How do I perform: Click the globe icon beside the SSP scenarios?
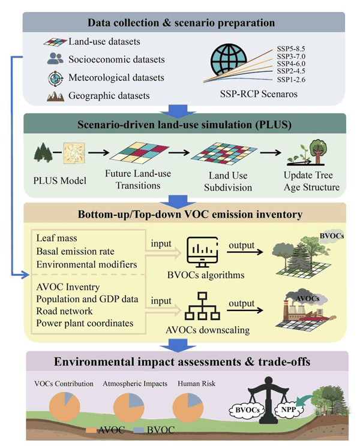pyautogui.click(x=229, y=59)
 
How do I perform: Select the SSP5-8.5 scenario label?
pyautogui.click(x=291, y=49)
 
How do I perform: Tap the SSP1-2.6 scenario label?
pyautogui.click(x=291, y=80)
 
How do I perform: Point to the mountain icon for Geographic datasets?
pyautogui.click(x=55, y=97)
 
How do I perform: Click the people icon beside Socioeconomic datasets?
pyautogui.click(x=55, y=59)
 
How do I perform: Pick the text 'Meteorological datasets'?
pyautogui.click(x=116, y=78)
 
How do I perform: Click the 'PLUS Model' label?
pyautogui.click(x=60, y=180)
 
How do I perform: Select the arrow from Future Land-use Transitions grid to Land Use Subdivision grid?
pyautogui.click(x=179, y=153)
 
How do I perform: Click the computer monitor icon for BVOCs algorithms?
pyautogui.click(x=202, y=252)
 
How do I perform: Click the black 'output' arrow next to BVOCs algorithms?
pyautogui.click(x=245, y=252)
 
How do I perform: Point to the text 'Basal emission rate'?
pyautogui.click(x=76, y=251)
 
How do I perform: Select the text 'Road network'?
pyautogui.click(x=65, y=311)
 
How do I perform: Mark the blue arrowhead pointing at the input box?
pyautogui.click(x=26, y=275)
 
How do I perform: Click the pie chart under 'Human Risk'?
pyautogui.click(x=188, y=408)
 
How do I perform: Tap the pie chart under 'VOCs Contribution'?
pyautogui.click(x=65, y=406)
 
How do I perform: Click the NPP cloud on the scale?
pyautogui.click(x=289, y=410)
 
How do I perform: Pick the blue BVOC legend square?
pyautogui.click(x=139, y=430)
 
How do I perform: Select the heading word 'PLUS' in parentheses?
pyautogui.click(x=273, y=125)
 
